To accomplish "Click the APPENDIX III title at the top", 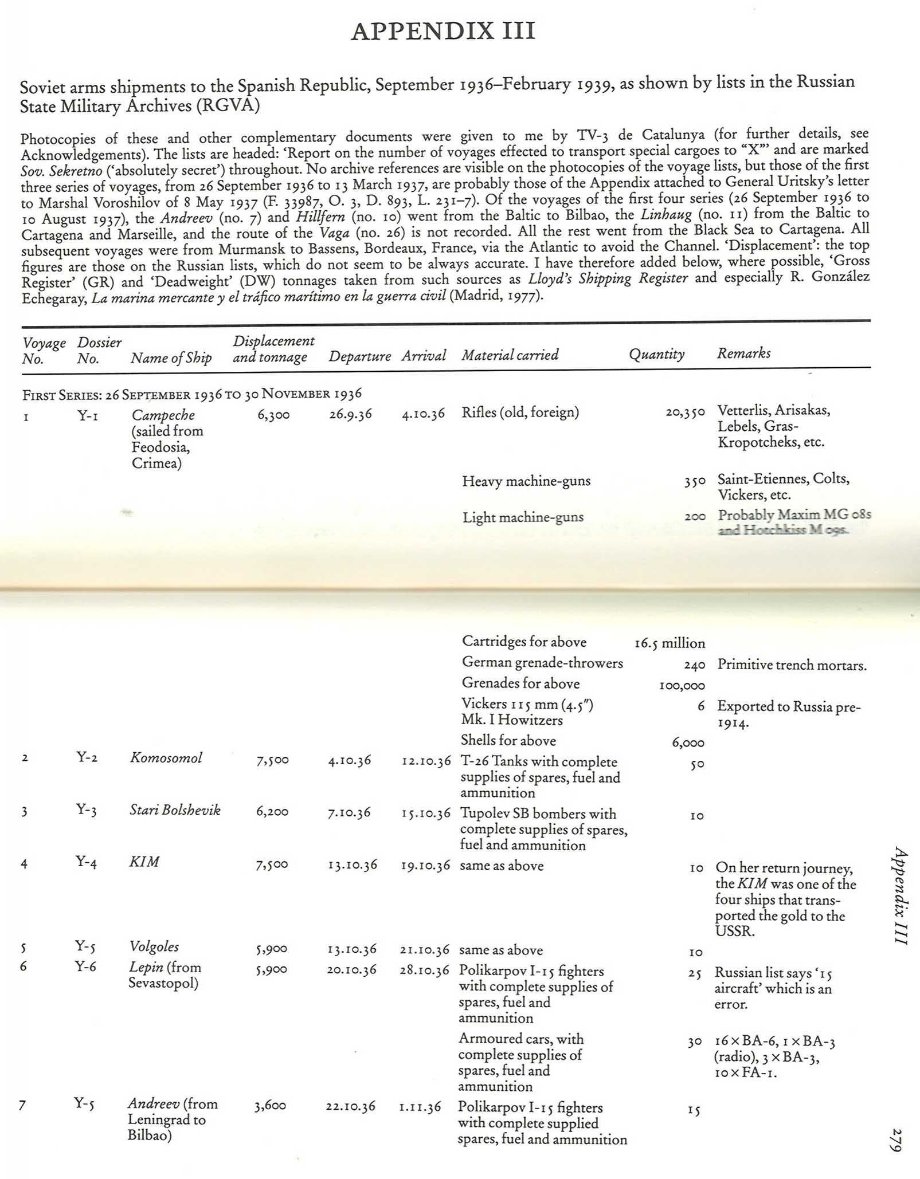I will click(443, 31).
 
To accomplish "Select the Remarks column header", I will click(743, 353).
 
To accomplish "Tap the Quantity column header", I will click(656, 354).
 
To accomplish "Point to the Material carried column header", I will click(510, 355).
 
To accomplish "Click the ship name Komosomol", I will click(166, 757).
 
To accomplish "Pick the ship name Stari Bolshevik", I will click(175, 810).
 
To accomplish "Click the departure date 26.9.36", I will click(350, 414).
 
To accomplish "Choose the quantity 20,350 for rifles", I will click(685, 412).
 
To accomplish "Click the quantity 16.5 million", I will click(670, 643).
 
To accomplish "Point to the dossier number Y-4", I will click(86, 862).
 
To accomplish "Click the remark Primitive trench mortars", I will click(792, 665).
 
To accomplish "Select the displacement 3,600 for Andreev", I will click(270, 1106).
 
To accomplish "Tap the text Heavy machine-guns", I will click(526, 481).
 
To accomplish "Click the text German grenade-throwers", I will click(542, 663).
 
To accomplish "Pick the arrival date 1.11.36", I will click(420, 1107).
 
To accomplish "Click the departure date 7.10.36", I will click(349, 812).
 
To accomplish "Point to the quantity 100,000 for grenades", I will click(682, 685).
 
